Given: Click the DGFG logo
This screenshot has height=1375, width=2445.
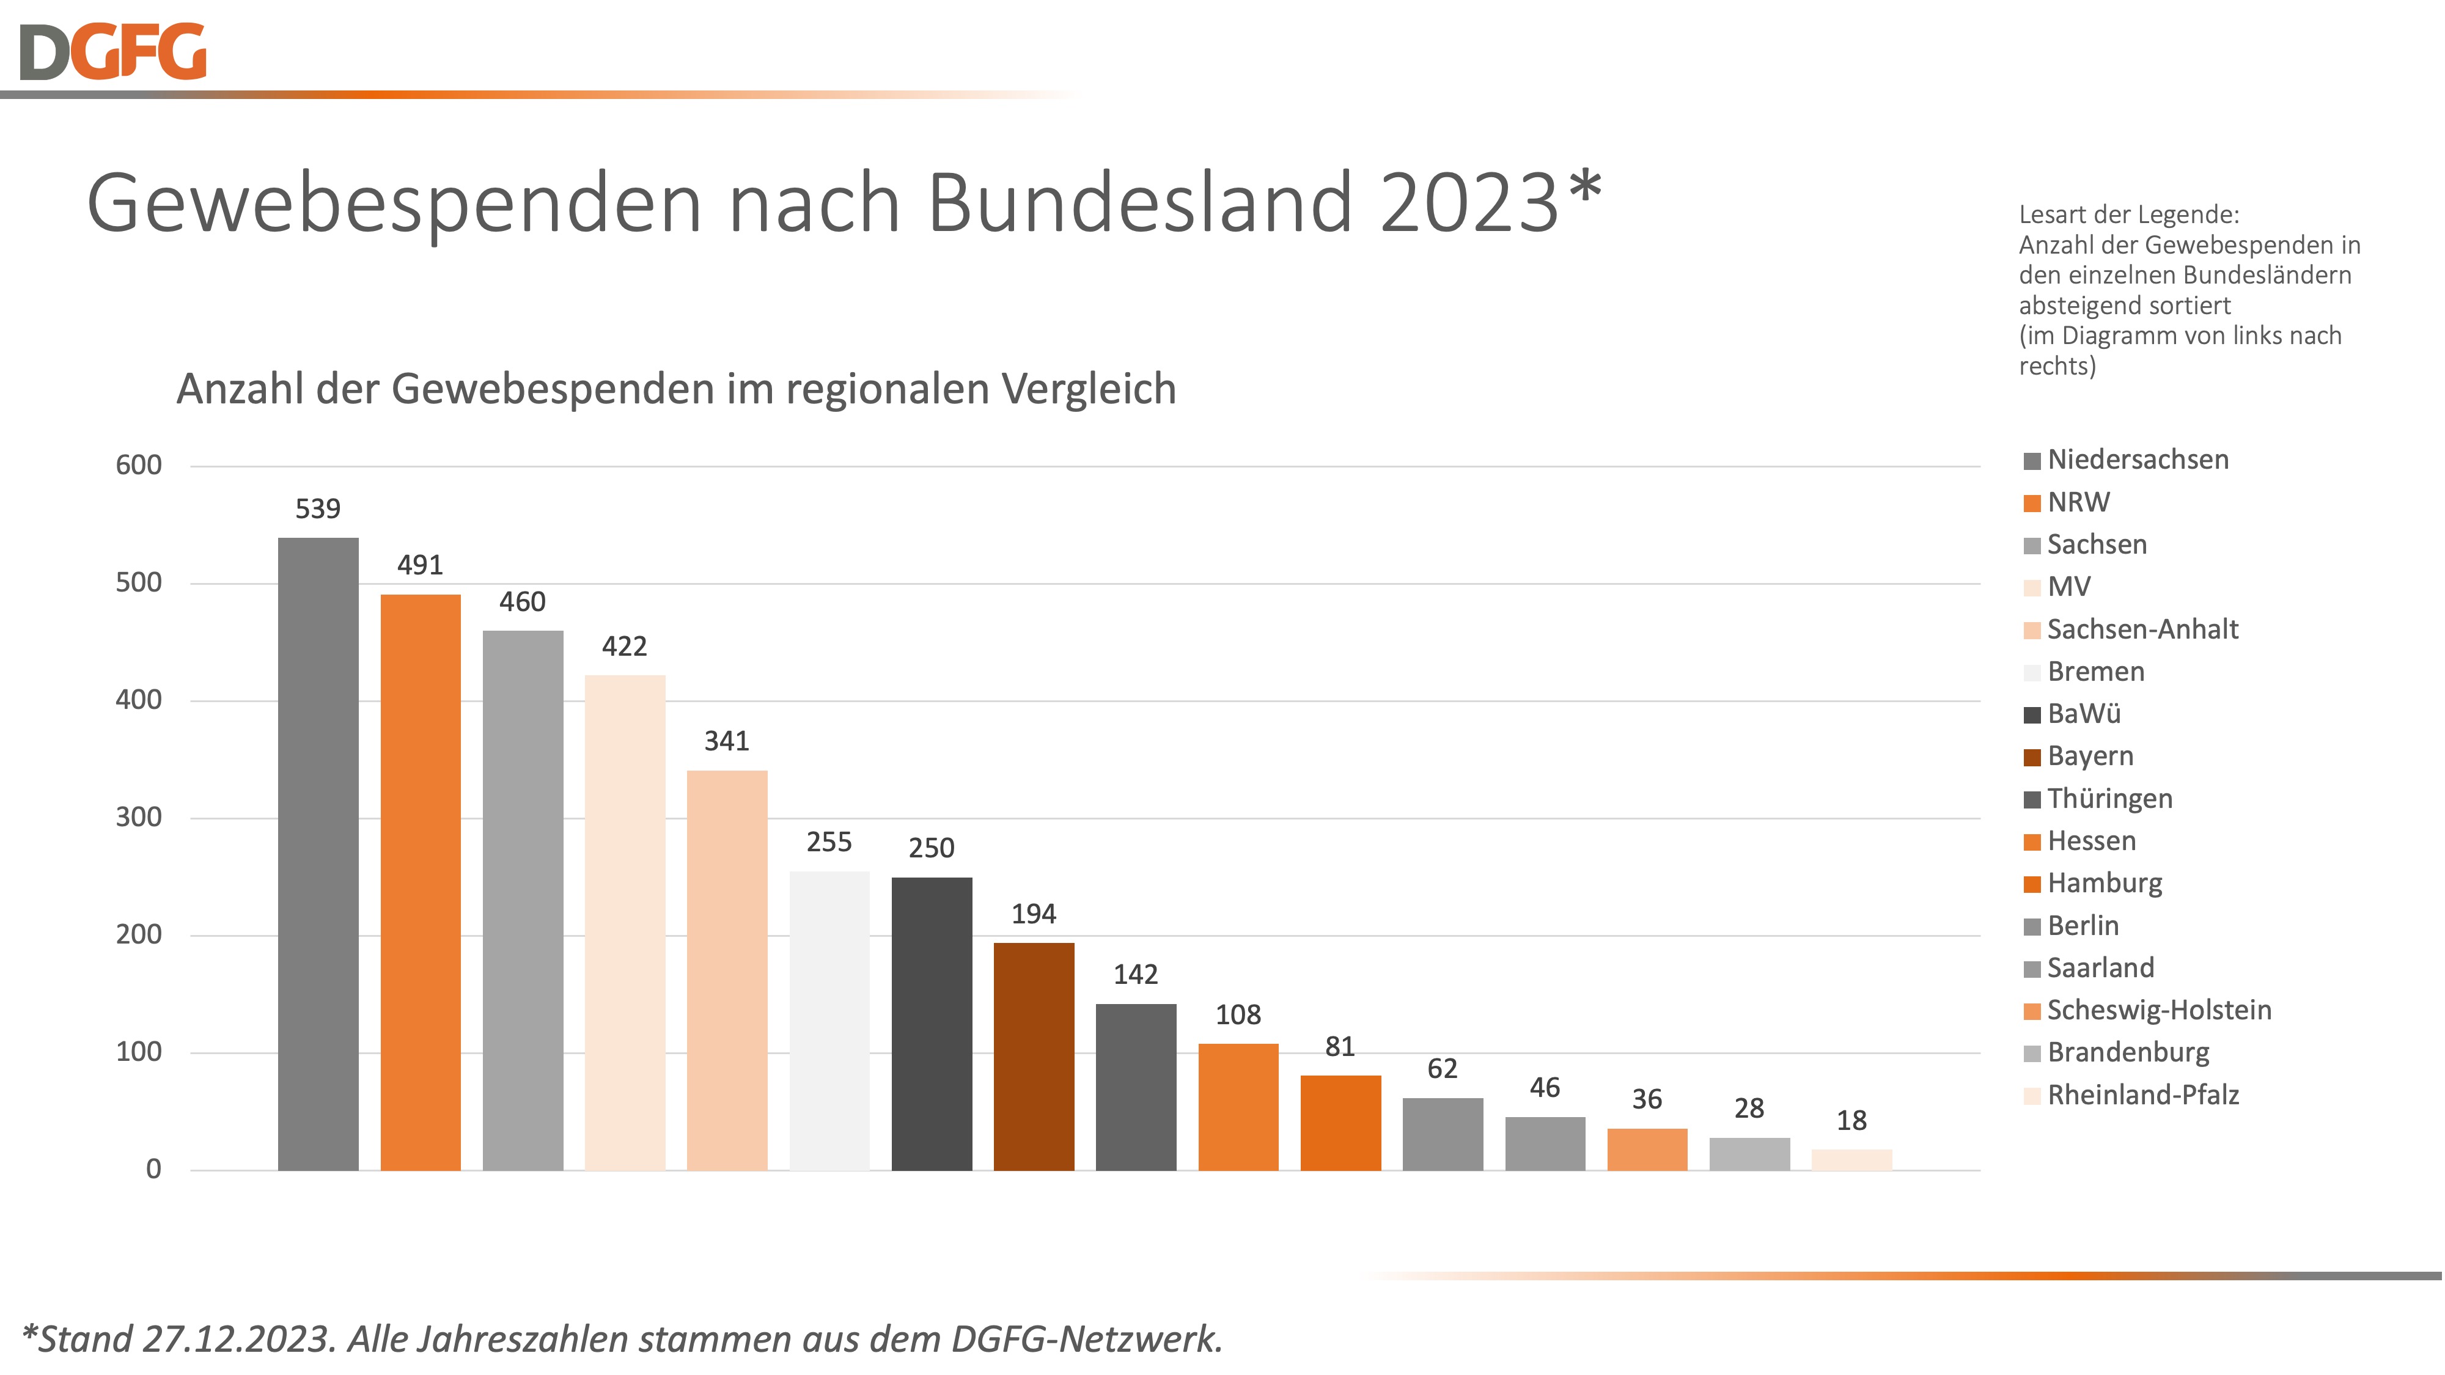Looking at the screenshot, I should [112, 52].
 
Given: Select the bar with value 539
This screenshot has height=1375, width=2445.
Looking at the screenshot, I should [318, 854].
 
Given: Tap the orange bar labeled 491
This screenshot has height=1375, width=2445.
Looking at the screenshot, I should [421, 882].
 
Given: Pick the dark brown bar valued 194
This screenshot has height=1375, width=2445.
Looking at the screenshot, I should [1034, 1056].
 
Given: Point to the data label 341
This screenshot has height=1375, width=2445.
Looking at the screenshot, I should [726, 741].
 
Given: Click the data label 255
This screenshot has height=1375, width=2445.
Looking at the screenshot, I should [829, 842].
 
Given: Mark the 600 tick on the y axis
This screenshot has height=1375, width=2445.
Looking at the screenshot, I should [139, 465].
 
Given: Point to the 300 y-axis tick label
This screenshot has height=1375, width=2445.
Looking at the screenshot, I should [139, 817].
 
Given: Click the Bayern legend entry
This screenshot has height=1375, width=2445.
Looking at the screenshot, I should [2090, 757].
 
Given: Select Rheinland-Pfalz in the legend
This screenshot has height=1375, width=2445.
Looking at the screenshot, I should [2143, 1095].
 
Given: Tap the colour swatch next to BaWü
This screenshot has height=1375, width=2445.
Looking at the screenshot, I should [2032, 714].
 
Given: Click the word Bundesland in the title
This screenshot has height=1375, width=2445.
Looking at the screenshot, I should [1138, 202].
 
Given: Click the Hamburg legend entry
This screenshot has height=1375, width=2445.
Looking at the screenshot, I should [2105, 884].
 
